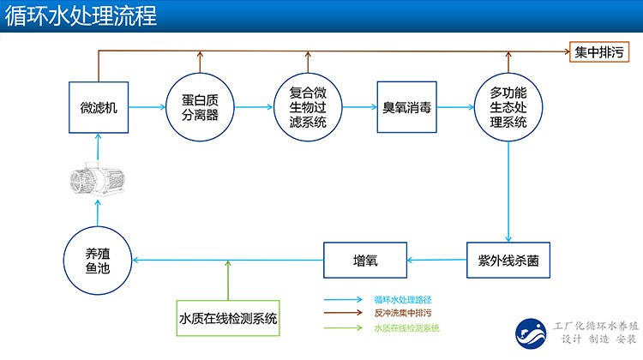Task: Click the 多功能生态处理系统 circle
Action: point(508,107)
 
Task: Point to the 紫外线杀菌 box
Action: point(508,258)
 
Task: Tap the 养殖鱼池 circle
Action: point(97,258)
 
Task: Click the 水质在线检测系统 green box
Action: point(228,318)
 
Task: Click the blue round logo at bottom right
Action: point(530,333)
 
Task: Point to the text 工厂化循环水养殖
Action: point(592,326)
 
